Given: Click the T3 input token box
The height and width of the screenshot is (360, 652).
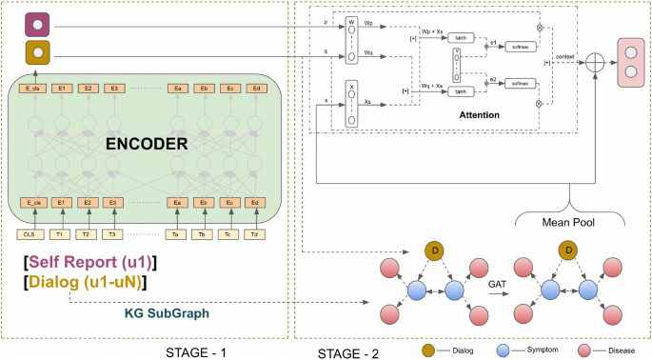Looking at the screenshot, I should click(x=113, y=234).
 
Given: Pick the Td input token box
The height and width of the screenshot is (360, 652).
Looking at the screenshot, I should click(x=255, y=234).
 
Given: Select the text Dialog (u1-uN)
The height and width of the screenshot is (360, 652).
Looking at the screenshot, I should click(x=86, y=281).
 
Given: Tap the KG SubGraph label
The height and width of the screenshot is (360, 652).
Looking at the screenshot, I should click(x=168, y=312).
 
